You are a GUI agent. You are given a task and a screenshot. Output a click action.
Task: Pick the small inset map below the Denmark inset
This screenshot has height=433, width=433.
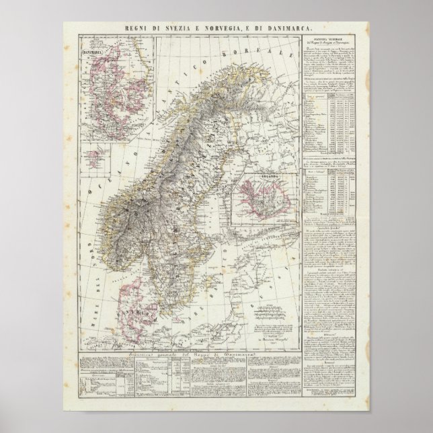(100, 153)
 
